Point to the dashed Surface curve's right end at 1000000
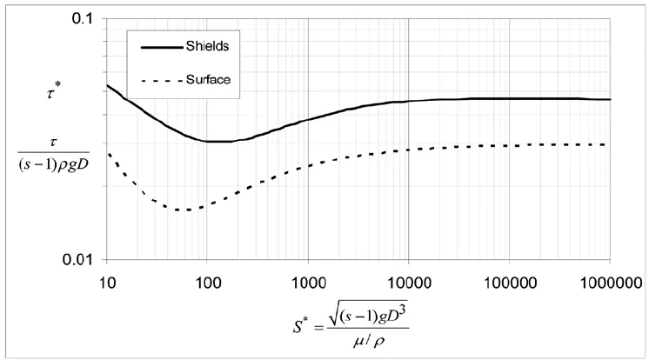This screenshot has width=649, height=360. pyautogui.click(x=609, y=144)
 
